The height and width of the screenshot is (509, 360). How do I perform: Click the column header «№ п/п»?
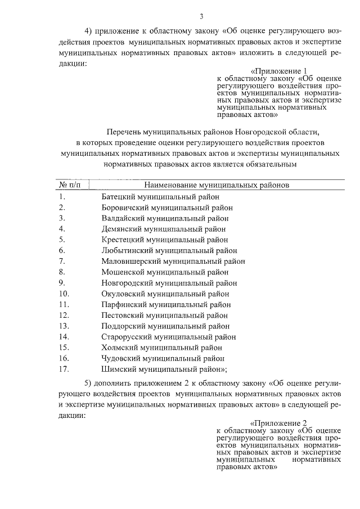[x=70, y=184]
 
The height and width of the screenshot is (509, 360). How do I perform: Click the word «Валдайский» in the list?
[x=123, y=218]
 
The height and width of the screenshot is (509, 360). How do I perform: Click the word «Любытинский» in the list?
[x=125, y=250]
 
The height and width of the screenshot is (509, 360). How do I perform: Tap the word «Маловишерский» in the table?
[x=130, y=261]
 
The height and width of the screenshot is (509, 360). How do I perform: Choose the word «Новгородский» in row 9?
[x=127, y=282]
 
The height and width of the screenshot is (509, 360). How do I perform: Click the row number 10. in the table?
[x=64, y=293]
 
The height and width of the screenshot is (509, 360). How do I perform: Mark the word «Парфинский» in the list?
[x=123, y=304]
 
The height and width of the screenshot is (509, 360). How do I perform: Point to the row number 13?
[x=64, y=326]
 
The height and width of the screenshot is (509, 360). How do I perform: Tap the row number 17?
[x=64, y=369]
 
